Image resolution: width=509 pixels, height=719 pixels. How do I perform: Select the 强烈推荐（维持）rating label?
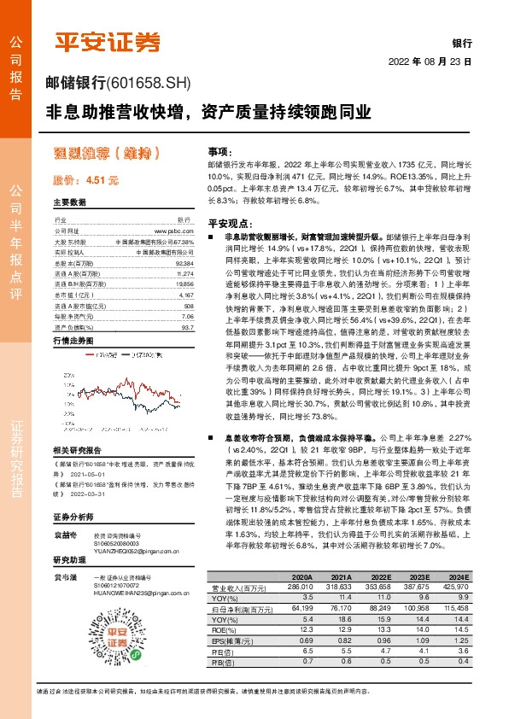[108, 154]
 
